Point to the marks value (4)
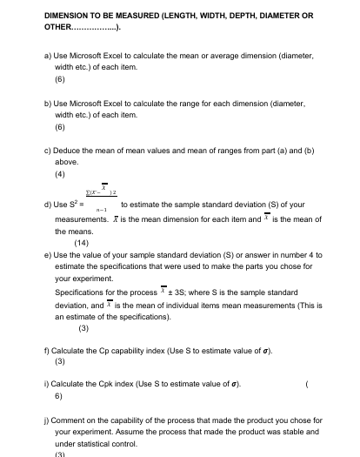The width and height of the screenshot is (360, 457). (62, 173)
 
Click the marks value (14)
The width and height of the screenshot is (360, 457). (82, 243)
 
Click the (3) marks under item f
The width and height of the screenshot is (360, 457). (61, 360)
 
